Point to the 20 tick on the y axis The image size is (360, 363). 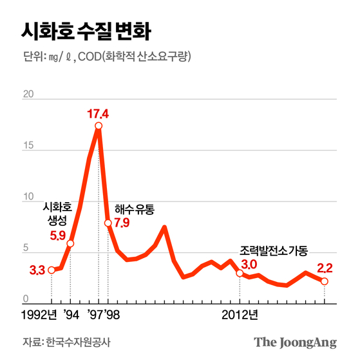pos(28,95)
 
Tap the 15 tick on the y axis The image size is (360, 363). pos(28,146)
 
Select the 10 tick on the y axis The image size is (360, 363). pos(28,197)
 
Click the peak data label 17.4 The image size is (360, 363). pos(99,114)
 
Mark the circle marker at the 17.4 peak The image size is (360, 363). pos(99,126)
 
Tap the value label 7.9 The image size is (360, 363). pos(122,223)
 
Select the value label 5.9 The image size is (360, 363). pos(58,236)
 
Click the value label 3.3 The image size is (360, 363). pos(37,270)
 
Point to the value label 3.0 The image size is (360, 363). pos(249,264)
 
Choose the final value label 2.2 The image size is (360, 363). pos(325,268)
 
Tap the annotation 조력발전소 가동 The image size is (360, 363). pos(274,250)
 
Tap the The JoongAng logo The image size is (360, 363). pos(295,342)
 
